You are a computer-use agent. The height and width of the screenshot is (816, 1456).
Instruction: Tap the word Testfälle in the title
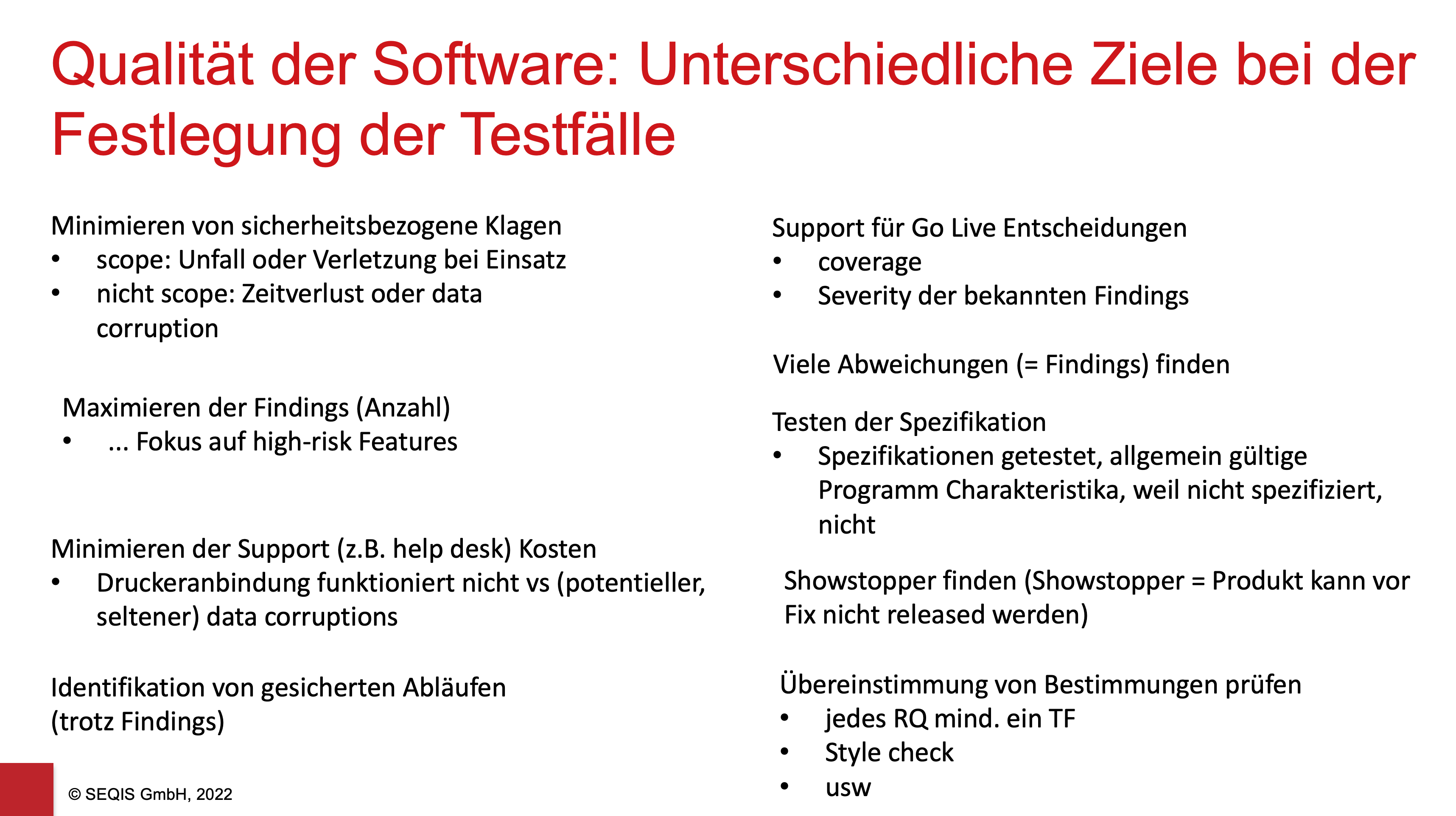[x=568, y=134]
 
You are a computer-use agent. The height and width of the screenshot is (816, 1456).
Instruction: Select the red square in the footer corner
[x=27, y=789]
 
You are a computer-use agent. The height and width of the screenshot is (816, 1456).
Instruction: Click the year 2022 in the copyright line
[x=214, y=794]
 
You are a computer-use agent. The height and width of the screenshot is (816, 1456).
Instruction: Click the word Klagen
[x=524, y=226]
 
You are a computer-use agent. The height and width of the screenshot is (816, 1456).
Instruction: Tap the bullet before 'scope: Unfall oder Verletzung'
[x=56, y=260]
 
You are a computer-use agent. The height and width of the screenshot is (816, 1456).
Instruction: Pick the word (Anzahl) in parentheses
[x=403, y=408]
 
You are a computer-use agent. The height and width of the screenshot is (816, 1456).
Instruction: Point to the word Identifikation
[x=128, y=688]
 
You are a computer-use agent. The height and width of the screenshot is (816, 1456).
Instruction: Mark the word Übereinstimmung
[x=883, y=685]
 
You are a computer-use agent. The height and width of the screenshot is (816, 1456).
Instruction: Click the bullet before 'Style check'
[x=784, y=752]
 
